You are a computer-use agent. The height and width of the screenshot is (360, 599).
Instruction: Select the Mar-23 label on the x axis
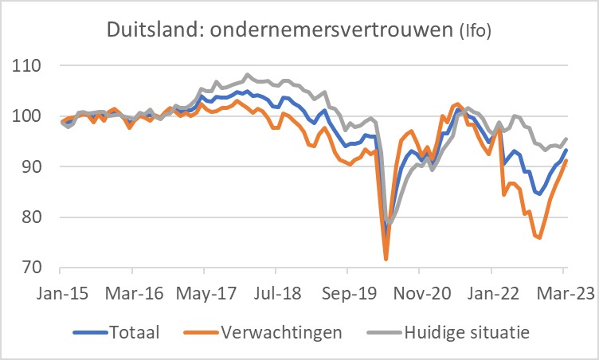click(x=563, y=292)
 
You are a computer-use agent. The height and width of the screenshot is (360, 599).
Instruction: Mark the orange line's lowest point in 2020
click(x=386, y=260)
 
